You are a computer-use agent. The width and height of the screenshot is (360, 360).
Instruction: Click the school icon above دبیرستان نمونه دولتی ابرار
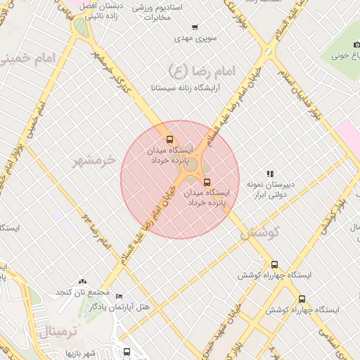click(x=269, y=174)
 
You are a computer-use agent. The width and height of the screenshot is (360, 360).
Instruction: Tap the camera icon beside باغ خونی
click(x=356, y=45)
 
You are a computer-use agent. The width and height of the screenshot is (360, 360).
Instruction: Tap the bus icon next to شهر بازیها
click(x=127, y=352)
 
